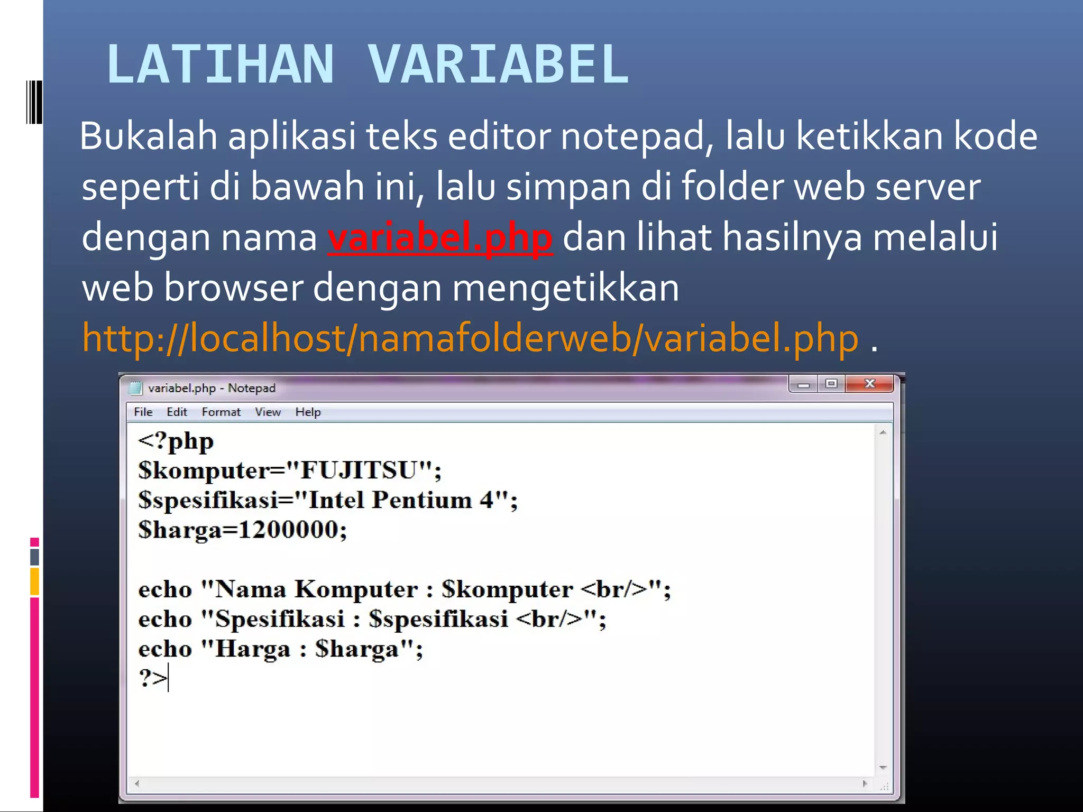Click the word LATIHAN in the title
[221, 64]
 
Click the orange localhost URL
[470, 338]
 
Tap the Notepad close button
[869, 384]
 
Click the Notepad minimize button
[803, 384]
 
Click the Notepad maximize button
[831, 384]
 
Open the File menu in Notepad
[143, 412]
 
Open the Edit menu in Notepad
[177, 412]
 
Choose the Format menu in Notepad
[221, 412]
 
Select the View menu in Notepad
[268, 412]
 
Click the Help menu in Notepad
[308, 412]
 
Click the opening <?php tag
[176, 441]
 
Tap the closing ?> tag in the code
[152, 678]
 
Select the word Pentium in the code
[421, 500]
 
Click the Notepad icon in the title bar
[136, 389]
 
